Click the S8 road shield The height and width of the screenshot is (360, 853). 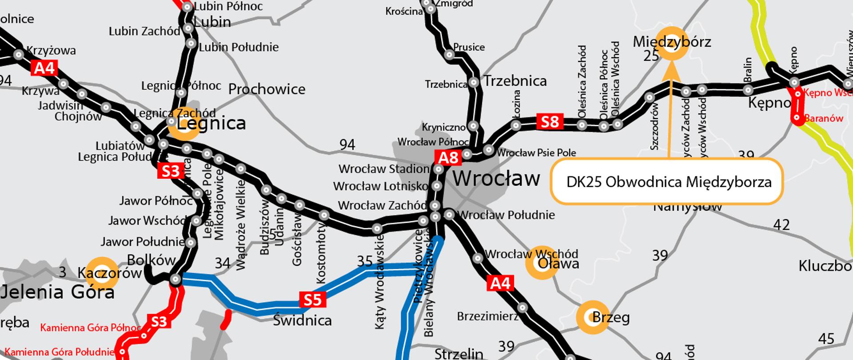click(x=550, y=121)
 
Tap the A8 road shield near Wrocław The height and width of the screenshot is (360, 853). click(x=448, y=158)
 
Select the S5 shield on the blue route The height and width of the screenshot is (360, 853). click(x=312, y=300)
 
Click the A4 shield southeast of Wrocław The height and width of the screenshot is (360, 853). click(x=500, y=283)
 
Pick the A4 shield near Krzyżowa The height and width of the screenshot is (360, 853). click(x=44, y=68)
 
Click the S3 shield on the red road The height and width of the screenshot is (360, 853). click(x=159, y=321)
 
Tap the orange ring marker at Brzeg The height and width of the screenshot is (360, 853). click(x=593, y=317)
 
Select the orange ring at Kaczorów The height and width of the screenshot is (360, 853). click(x=101, y=272)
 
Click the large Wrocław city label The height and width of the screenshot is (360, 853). click(x=496, y=179)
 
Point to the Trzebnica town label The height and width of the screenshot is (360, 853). click(x=515, y=81)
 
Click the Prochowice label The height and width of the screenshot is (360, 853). click(x=267, y=89)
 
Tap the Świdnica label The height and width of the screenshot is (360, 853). click(x=302, y=320)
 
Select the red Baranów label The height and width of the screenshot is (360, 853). click(x=823, y=118)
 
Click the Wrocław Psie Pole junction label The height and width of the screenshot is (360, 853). click(x=536, y=153)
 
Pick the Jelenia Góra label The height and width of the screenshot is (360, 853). click(x=58, y=292)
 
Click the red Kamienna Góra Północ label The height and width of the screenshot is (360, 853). click(x=90, y=328)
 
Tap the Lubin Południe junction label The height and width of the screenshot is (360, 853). click(x=239, y=47)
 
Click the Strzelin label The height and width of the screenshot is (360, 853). click(x=458, y=354)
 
